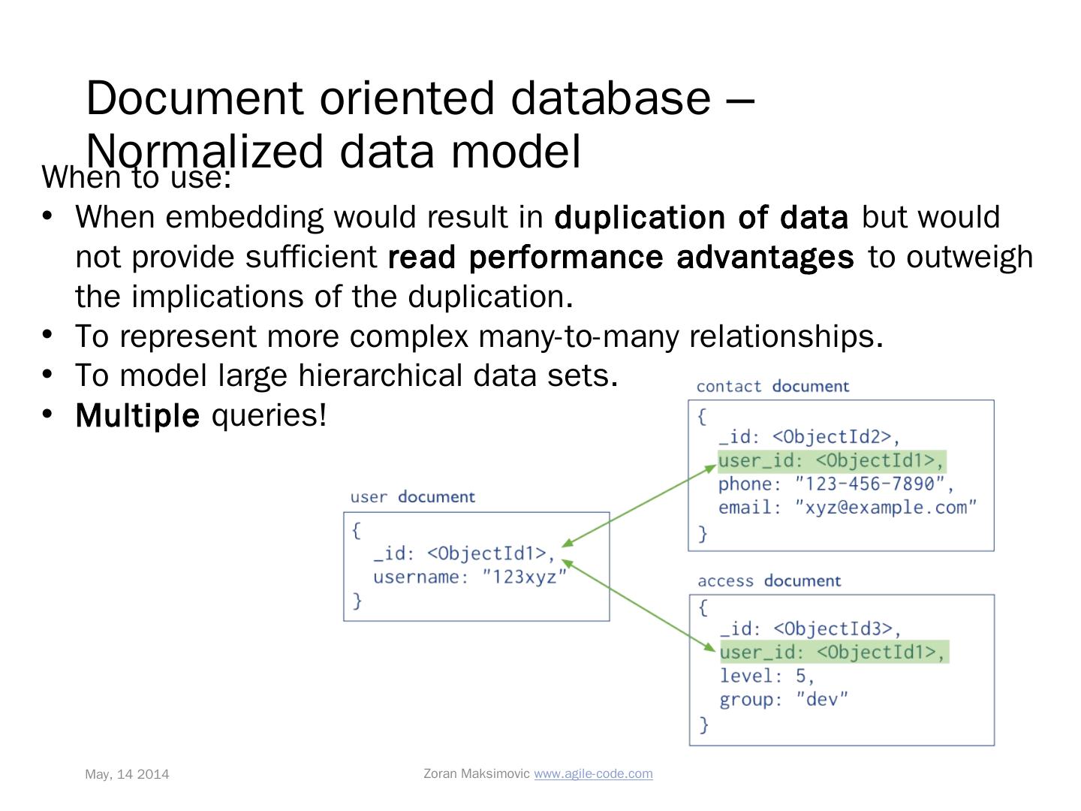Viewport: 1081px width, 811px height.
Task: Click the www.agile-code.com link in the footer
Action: pos(593,773)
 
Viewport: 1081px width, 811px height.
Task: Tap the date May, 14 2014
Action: pos(127,774)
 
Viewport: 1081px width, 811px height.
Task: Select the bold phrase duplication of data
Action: pos(701,218)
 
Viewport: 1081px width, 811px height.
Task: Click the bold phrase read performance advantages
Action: pos(621,258)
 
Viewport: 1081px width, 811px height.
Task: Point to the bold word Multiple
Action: pos(137,415)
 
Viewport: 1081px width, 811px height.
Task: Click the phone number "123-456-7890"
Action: pos(874,484)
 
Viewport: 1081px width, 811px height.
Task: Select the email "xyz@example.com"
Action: pos(886,508)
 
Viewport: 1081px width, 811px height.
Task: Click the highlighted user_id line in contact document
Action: pos(832,460)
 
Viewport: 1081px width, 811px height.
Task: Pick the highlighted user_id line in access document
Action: pos(833,652)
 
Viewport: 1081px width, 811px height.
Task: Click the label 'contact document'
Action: pos(772,387)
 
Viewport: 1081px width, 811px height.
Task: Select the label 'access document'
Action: pos(769,581)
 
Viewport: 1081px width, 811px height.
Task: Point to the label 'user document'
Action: pos(412,497)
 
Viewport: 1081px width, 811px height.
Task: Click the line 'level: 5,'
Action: pos(766,676)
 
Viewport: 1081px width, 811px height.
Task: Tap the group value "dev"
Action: pos(823,700)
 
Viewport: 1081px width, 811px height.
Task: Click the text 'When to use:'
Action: pos(136,179)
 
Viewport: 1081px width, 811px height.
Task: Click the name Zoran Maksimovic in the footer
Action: pos(477,773)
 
